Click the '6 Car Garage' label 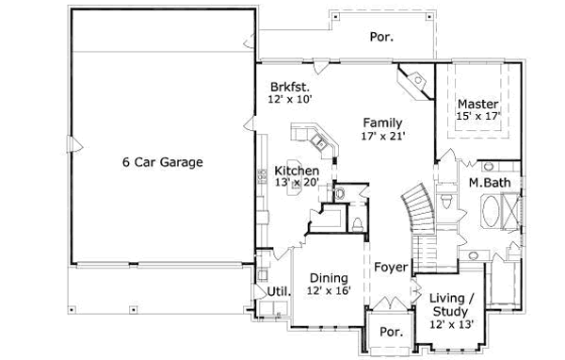click(162, 162)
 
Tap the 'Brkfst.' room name click(288, 83)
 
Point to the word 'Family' click(383, 123)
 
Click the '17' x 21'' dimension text click(382, 137)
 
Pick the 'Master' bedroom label click(477, 103)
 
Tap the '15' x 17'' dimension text click(477, 116)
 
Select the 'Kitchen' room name click(296, 170)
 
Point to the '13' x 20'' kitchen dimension click(296, 183)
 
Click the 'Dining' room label click(327, 279)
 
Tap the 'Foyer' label click(390, 267)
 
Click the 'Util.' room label click(278, 292)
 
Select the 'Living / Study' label click(452, 304)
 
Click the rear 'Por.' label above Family click(381, 39)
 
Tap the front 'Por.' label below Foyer click(390, 333)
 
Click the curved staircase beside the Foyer click(418, 209)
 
